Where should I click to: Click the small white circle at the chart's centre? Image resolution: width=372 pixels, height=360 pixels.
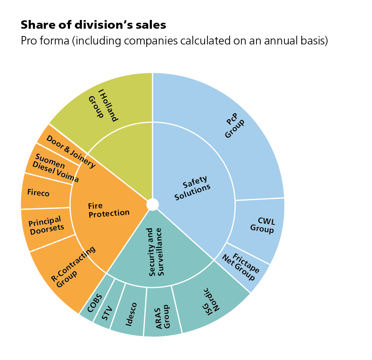point(153,205)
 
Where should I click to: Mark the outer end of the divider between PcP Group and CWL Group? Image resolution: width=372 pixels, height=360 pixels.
point(284,198)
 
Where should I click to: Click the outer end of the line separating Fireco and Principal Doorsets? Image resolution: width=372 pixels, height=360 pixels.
point(21,209)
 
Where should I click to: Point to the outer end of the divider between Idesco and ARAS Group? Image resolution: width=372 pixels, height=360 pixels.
point(143,336)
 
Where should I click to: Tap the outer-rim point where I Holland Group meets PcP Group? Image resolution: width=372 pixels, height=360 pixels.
point(153,72)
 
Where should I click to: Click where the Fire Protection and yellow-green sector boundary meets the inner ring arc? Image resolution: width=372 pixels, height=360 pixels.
point(87,154)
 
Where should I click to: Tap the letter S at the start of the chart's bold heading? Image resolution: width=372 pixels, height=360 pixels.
point(24,25)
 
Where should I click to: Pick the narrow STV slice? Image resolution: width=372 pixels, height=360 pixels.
point(108,306)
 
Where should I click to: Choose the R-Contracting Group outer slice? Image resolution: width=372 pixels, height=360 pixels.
point(66,271)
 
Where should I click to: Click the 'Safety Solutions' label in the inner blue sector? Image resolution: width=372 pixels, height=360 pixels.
point(192,188)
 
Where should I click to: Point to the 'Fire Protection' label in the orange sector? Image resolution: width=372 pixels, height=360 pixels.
point(109,210)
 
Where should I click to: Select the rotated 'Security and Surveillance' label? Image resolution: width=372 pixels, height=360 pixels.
point(155,252)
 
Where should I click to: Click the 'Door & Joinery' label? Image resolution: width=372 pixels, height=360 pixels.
point(71,152)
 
